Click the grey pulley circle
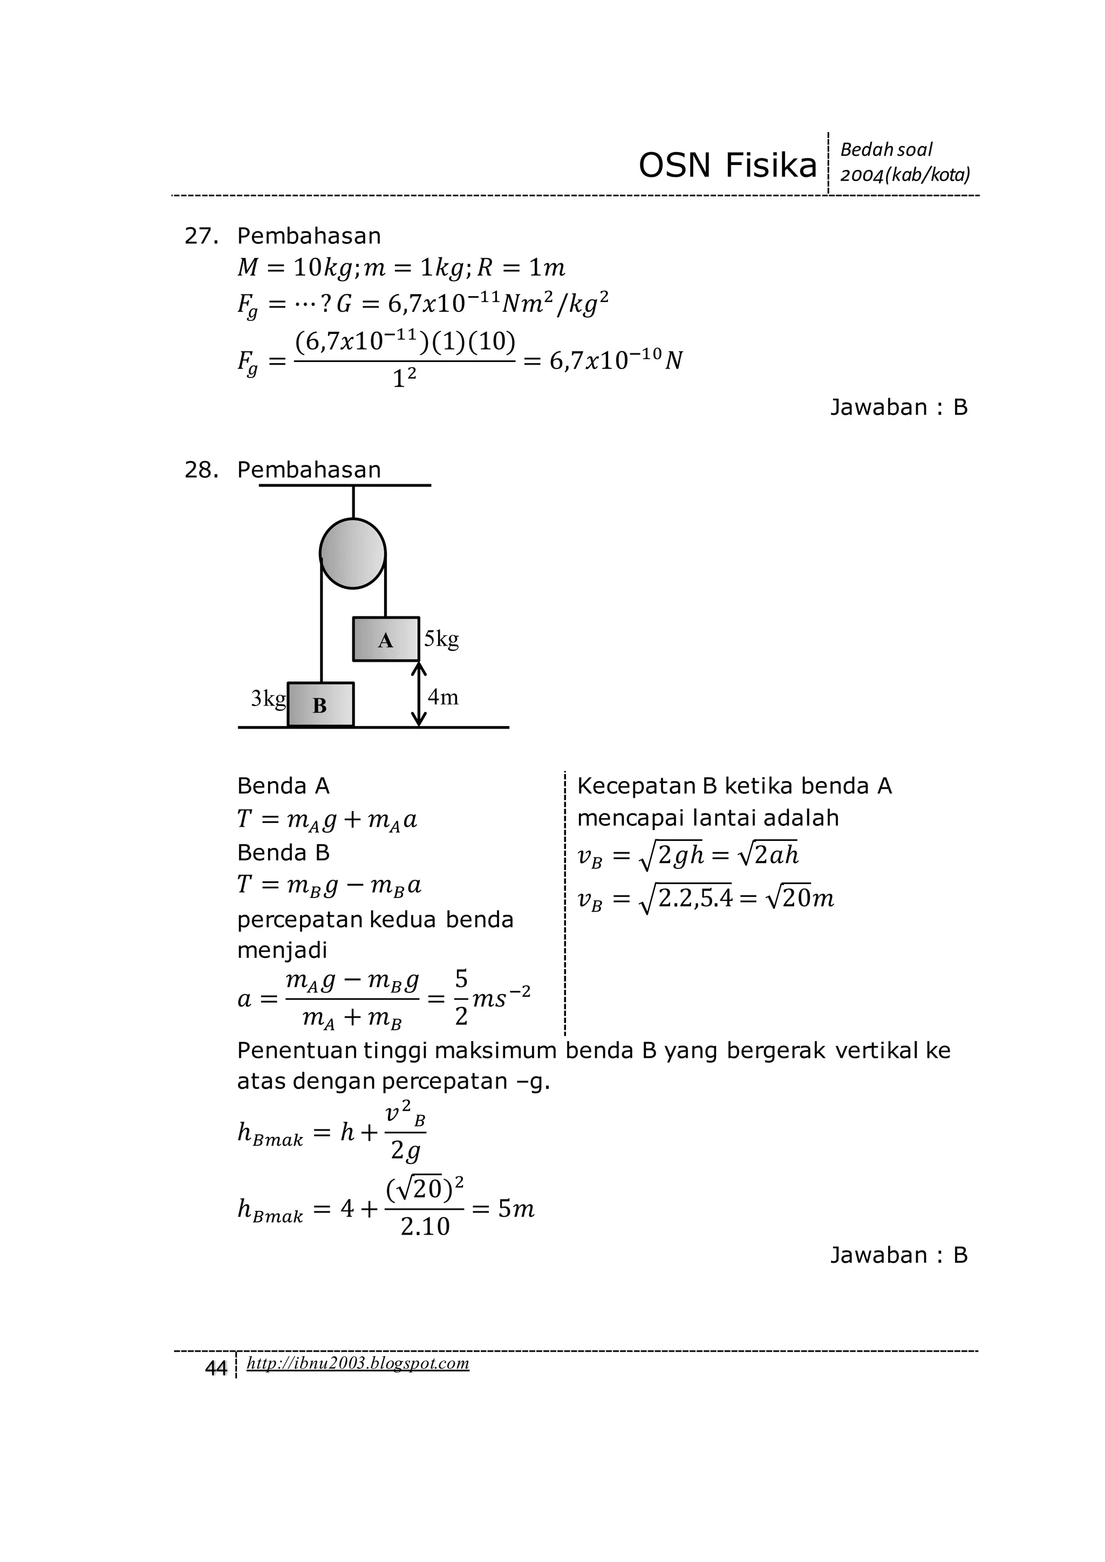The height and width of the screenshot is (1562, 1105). (x=352, y=553)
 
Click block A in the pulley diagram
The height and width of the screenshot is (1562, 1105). (x=386, y=639)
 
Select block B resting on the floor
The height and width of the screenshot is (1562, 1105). (x=320, y=704)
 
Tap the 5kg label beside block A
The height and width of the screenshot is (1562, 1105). (x=441, y=639)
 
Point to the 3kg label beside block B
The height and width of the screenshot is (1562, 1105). (x=268, y=698)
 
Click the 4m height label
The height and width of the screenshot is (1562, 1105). (x=444, y=697)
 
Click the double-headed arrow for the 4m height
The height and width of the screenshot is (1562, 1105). (x=419, y=694)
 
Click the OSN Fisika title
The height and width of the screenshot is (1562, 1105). (x=727, y=166)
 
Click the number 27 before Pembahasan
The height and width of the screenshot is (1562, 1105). (x=201, y=236)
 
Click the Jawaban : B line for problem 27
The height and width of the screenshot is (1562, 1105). (x=898, y=408)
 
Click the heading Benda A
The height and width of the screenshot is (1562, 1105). (x=283, y=786)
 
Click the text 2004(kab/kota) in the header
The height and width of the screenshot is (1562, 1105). (x=905, y=175)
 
